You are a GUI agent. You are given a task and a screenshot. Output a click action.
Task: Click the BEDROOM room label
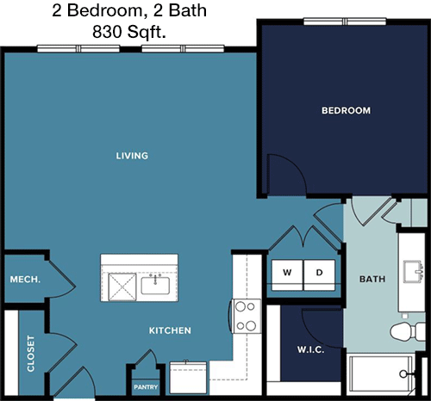[346, 110]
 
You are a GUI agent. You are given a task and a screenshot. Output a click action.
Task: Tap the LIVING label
[132, 156]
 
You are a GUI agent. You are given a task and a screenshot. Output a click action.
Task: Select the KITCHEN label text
[170, 330]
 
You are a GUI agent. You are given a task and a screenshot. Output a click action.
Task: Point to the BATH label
[372, 279]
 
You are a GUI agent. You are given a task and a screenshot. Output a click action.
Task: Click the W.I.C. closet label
[310, 349]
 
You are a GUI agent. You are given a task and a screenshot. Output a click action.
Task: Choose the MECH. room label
[25, 280]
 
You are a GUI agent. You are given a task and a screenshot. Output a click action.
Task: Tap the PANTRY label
[146, 387]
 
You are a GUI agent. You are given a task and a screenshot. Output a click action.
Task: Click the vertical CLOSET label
[30, 354]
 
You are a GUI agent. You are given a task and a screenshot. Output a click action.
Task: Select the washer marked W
[287, 275]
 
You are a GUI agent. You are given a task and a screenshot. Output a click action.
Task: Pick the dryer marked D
[319, 275]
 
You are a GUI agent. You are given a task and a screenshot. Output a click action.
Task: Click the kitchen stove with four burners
[246, 316]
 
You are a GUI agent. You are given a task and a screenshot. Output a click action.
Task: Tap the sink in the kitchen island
[155, 285]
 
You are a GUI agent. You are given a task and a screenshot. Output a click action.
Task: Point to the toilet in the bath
[408, 331]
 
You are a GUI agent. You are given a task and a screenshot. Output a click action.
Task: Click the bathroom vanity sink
[413, 272]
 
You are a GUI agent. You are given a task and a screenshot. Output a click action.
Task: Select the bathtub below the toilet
[381, 374]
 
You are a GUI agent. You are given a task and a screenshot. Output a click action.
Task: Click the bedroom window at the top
[345, 22]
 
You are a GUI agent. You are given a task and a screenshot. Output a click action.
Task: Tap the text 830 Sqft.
[129, 32]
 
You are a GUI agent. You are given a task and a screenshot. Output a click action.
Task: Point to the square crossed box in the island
[122, 287]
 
